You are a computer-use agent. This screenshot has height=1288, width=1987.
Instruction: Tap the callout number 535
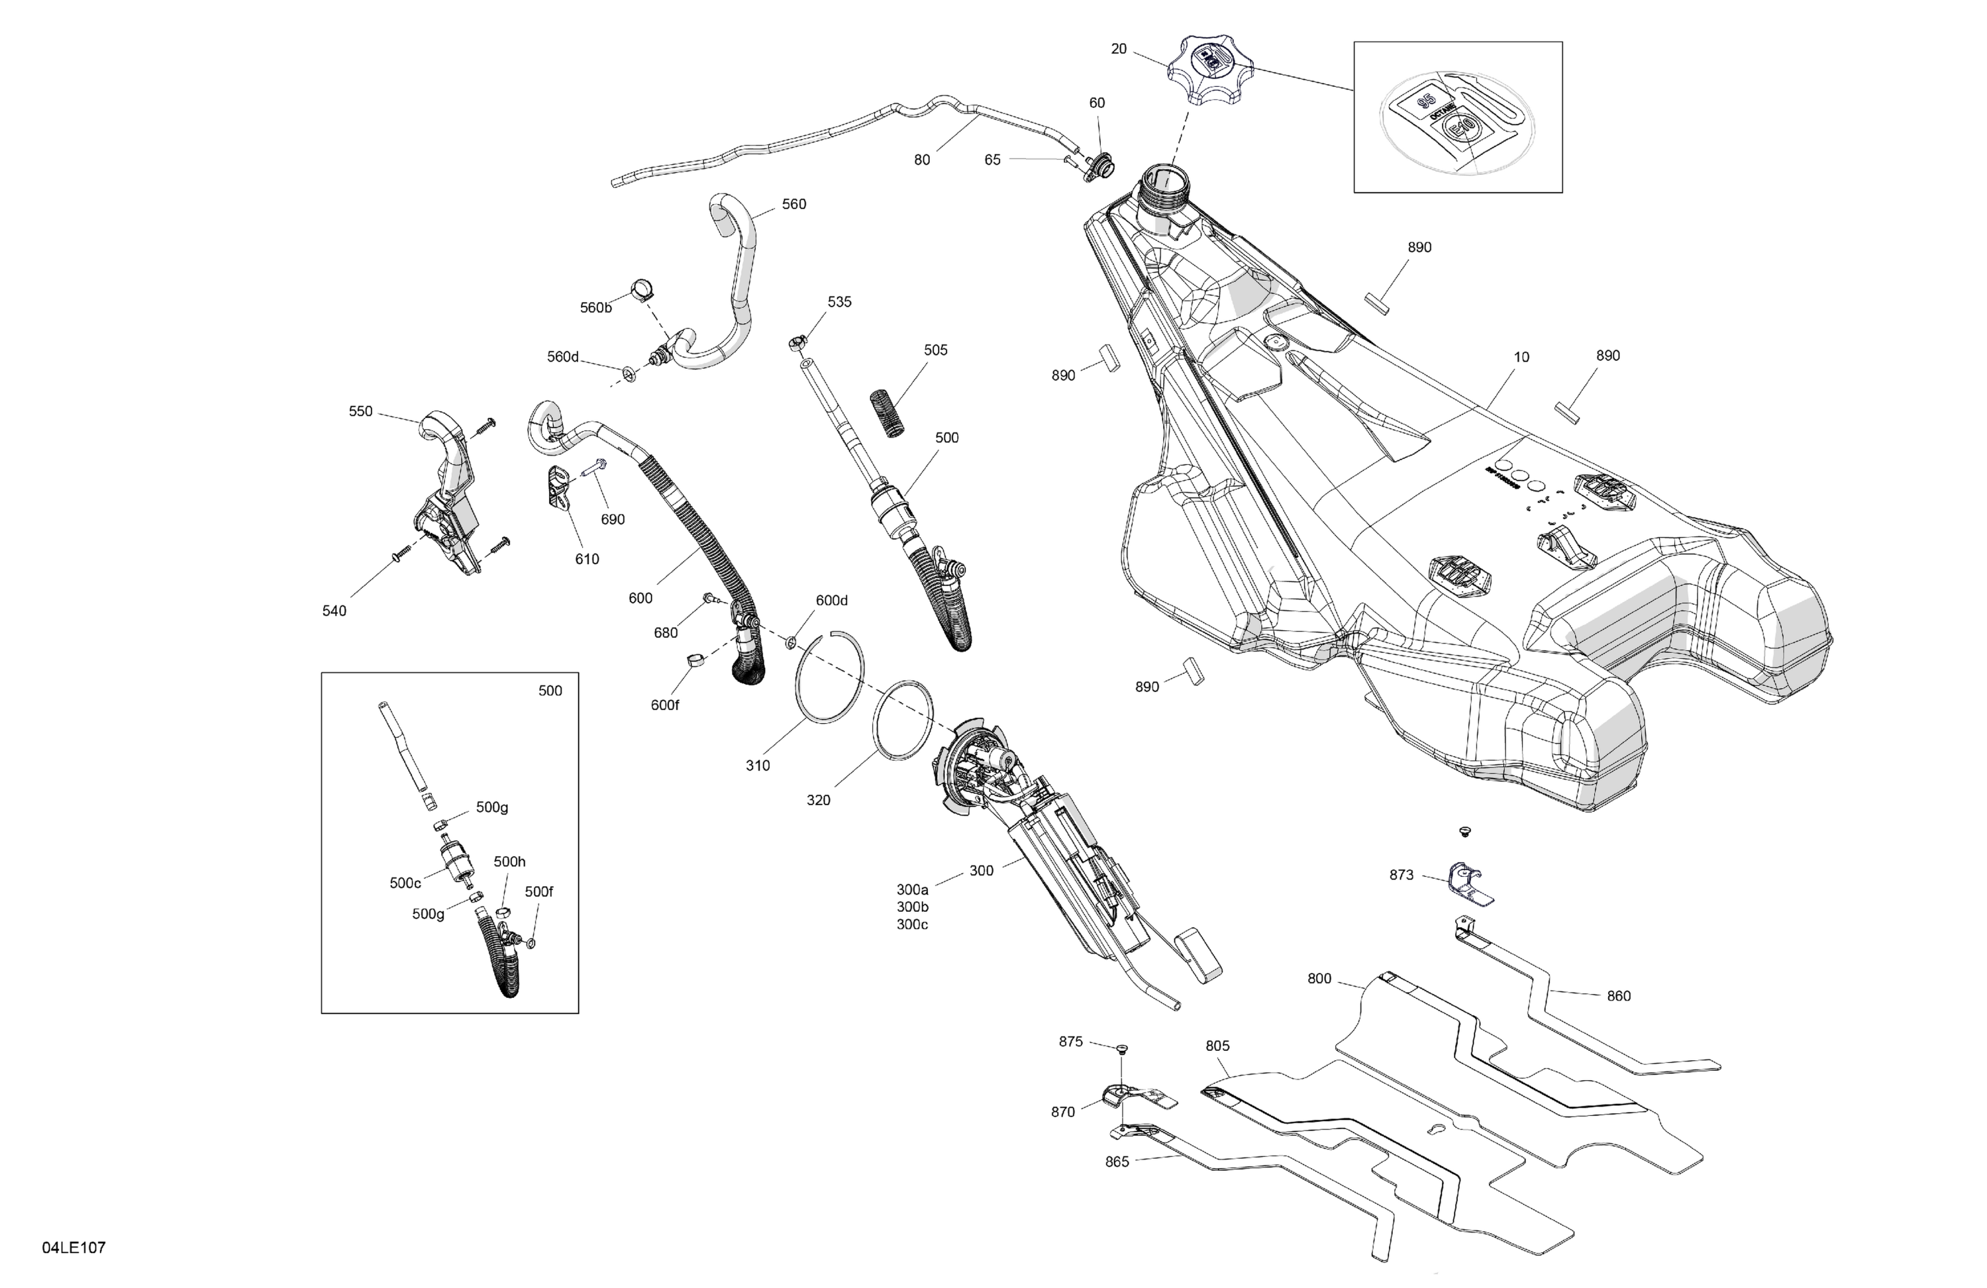click(x=839, y=302)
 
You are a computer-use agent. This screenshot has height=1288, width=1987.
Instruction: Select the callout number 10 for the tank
click(x=1521, y=358)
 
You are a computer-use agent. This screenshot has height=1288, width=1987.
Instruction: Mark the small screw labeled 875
click(x=1121, y=1048)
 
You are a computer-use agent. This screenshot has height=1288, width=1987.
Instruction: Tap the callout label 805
click(x=1217, y=1046)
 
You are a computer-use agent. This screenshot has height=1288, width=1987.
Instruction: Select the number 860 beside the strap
click(x=1618, y=996)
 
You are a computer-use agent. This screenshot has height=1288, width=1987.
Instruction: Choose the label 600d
click(x=831, y=600)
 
